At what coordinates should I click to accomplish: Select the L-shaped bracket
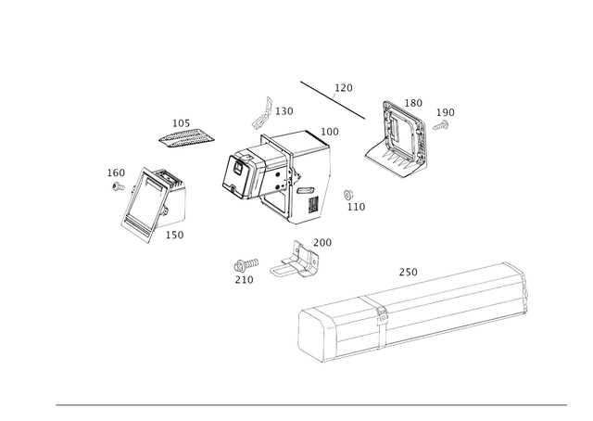click(x=399, y=140)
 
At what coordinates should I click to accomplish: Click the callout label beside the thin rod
click(x=344, y=87)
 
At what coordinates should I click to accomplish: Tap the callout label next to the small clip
click(x=287, y=110)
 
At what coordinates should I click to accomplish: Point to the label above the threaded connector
click(x=322, y=242)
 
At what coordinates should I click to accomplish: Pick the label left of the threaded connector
click(x=244, y=269)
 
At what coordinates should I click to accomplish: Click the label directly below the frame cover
click(x=175, y=236)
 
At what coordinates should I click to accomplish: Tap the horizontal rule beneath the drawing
click(x=311, y=404)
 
